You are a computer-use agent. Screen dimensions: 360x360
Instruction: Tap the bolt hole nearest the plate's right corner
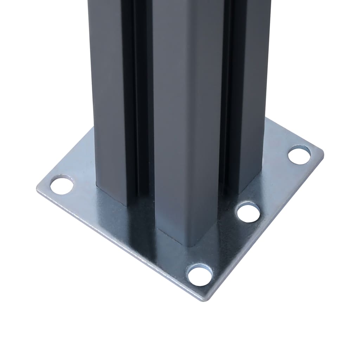click(299, 155)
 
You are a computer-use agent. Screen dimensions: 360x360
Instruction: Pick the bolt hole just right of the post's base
click(248, 212)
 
